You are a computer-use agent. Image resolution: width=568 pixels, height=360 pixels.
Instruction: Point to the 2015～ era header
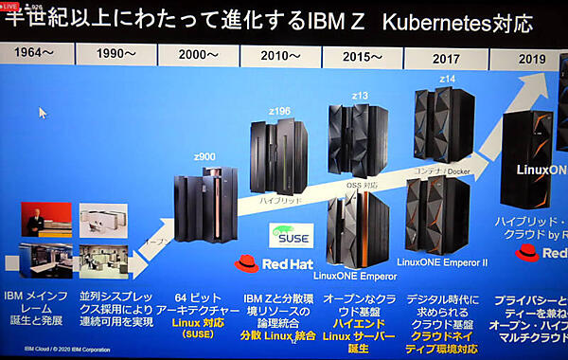pyautogui.click(x=364, y=56)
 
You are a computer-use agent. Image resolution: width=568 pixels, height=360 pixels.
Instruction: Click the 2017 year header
pyautogui.click(x=445, y=58)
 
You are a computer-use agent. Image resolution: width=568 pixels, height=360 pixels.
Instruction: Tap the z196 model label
pyautogui.click(x=279, y=111)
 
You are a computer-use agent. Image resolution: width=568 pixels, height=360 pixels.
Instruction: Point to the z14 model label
pyautogui.click(x=449, y=79)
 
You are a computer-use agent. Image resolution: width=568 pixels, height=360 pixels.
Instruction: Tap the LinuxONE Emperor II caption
pyautogui.click(x=442, y=262)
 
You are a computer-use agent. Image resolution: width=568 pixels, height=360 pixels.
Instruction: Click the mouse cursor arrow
pyautogui.click(x=43, y=112)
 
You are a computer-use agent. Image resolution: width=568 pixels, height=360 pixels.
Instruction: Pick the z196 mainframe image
pyautogui.click(x=278, y=156)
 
